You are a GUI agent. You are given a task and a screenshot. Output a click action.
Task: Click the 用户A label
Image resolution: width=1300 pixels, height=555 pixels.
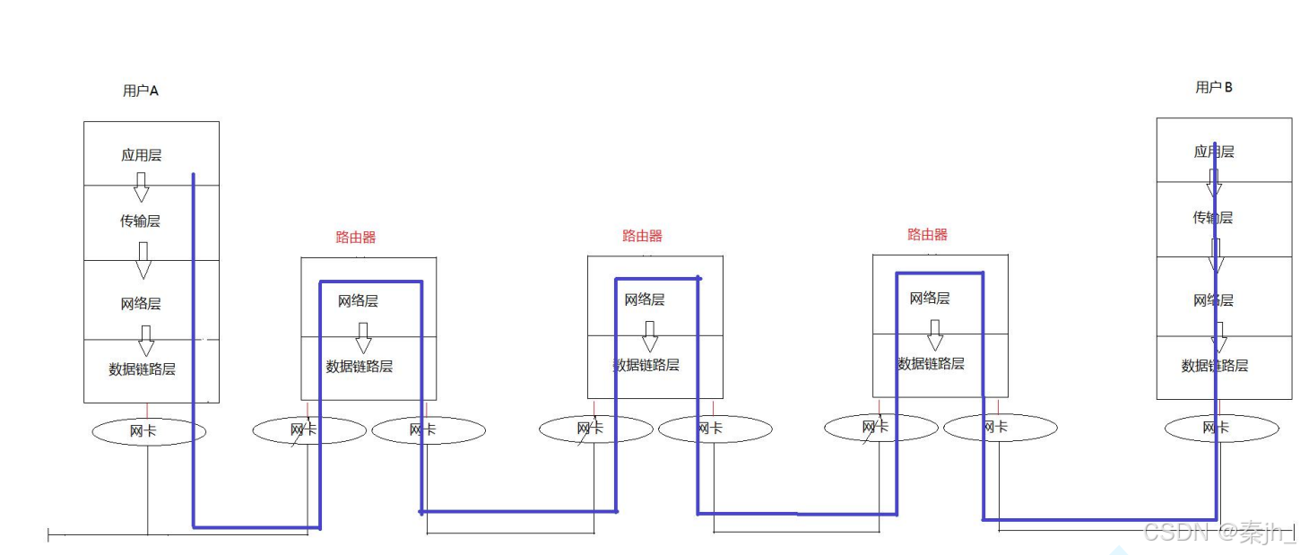click(141, 91)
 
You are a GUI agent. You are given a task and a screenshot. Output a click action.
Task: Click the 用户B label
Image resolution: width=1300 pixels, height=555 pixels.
click(1214, 87)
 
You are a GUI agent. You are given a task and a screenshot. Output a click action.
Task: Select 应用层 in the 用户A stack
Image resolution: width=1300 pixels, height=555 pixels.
click(142, 155)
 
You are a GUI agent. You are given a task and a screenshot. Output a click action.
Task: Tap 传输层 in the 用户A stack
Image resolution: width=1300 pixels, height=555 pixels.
click(140, 221)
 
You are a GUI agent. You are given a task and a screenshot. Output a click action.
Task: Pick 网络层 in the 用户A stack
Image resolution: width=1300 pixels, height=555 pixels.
click(141, 304)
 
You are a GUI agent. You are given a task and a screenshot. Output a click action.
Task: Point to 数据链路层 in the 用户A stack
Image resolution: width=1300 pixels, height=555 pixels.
click(142, 369)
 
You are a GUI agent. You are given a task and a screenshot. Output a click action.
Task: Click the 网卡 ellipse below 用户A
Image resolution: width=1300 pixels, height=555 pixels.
click(149, 431)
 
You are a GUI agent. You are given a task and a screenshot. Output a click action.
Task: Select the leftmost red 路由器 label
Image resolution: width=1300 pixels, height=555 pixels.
click(356, 238)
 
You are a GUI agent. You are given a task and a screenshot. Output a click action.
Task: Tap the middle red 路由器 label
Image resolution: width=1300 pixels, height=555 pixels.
click(642, 236)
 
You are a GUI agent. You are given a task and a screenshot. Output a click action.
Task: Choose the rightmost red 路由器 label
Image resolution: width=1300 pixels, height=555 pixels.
click(927, 235)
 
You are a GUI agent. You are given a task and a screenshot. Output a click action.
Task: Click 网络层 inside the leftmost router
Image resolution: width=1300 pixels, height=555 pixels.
click(358, 300)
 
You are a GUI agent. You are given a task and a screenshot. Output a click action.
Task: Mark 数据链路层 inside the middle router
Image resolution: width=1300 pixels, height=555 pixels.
click(646, 365)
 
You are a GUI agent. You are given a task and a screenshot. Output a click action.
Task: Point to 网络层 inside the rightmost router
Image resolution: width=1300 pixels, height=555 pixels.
click(929, 298)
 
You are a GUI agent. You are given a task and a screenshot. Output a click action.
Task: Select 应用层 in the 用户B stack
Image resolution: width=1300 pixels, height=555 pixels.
click(1213, 152)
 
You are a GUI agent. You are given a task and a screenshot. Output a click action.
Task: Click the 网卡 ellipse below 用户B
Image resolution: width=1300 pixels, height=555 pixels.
click(1221, 429)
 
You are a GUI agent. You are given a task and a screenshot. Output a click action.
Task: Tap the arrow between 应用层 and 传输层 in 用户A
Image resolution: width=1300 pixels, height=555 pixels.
click(141, 187)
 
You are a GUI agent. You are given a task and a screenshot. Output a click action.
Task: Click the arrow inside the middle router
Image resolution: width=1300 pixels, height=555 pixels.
click(650, 337)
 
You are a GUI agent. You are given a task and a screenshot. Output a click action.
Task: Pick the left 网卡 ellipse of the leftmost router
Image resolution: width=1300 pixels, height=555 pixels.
click(308, 430)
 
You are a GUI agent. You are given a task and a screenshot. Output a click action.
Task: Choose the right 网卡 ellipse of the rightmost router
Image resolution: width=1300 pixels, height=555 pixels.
click(1000, 428)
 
